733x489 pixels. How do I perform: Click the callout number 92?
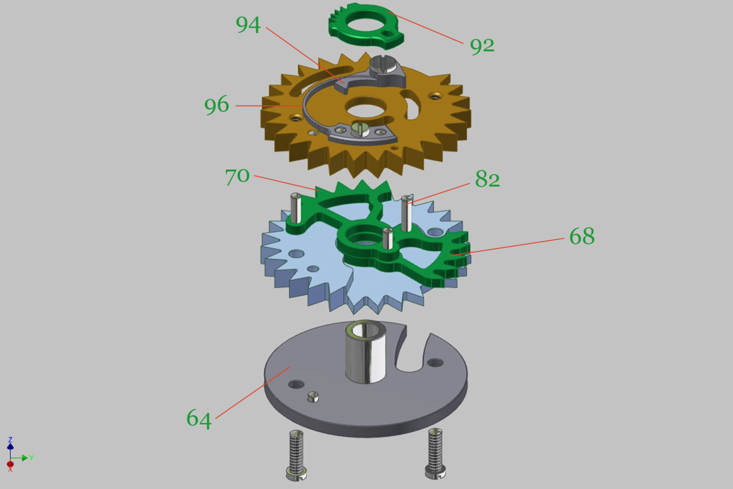click(482, 46)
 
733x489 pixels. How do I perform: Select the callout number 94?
click(248, 25)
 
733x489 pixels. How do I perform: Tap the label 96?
click(216, 105)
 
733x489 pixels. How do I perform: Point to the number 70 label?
click(237, 177)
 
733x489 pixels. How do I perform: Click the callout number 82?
click(487, 179)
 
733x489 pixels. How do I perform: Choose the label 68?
click(582, 236)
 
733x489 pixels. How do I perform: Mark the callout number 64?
click(199, 419)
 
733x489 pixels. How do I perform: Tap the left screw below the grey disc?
click(296, 455)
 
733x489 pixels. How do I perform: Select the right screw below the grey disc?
click(435, 453)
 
